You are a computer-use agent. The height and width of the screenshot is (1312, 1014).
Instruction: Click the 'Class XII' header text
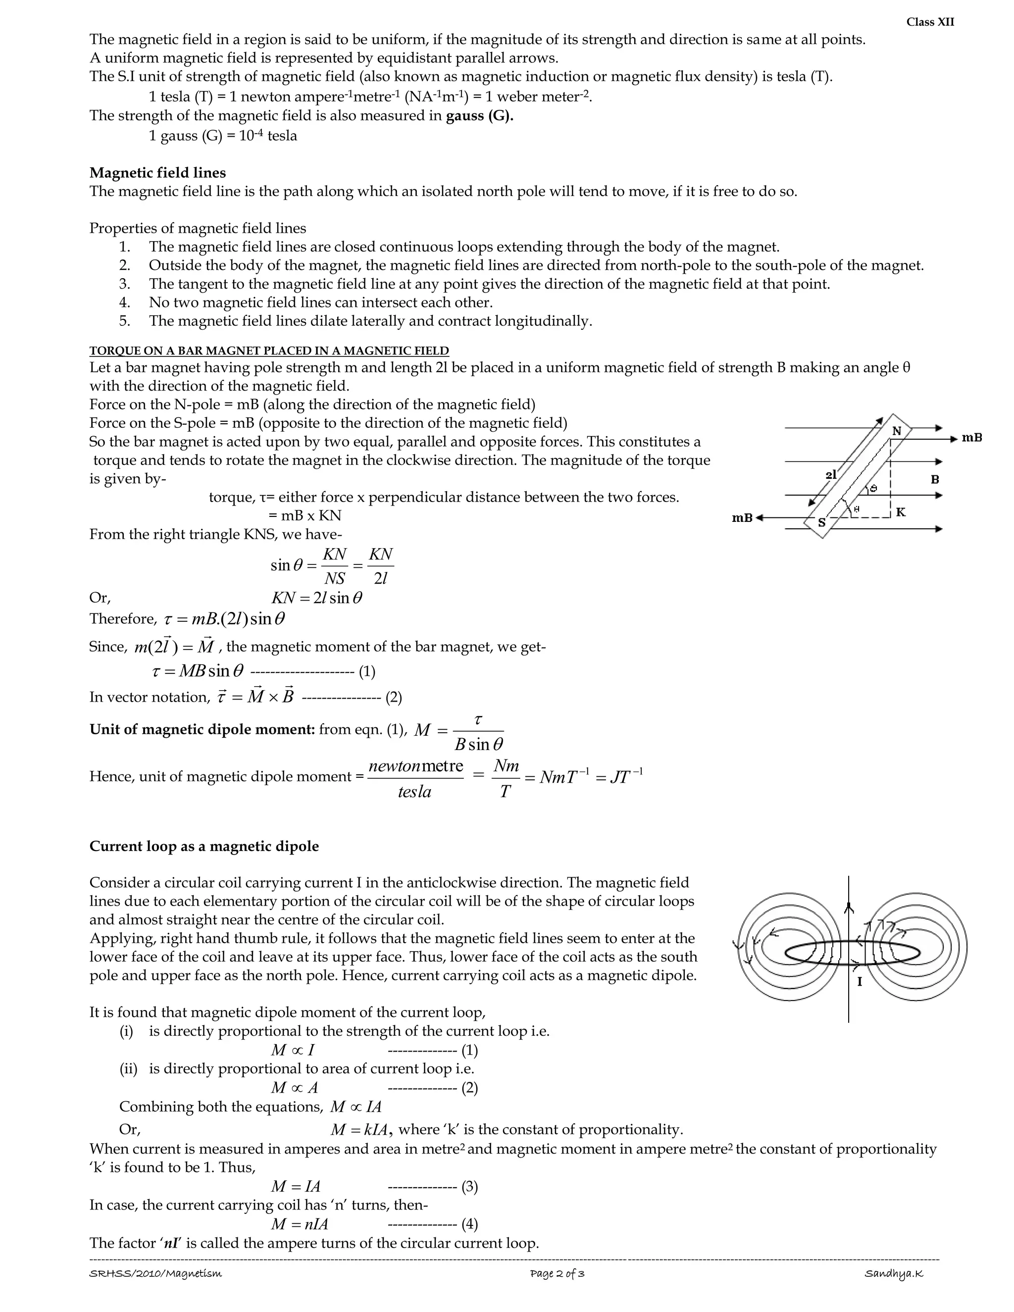930,22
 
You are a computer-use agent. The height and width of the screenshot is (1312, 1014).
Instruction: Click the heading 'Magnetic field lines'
157,173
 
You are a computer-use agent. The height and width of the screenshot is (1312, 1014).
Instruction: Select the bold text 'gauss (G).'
479,115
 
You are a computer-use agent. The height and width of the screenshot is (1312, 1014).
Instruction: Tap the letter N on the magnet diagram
897,431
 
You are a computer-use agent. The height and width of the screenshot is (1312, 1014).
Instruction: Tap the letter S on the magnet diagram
822,523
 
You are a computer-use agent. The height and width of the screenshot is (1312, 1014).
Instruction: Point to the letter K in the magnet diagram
901,512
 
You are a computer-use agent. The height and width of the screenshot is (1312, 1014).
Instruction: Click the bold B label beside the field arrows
935,479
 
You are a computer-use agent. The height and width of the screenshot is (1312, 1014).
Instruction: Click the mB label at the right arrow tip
972,438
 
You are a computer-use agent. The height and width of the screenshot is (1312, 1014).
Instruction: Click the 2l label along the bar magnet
831,475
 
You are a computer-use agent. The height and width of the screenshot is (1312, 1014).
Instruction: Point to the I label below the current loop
859,982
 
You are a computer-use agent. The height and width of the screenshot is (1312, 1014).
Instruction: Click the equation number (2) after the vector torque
394,698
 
